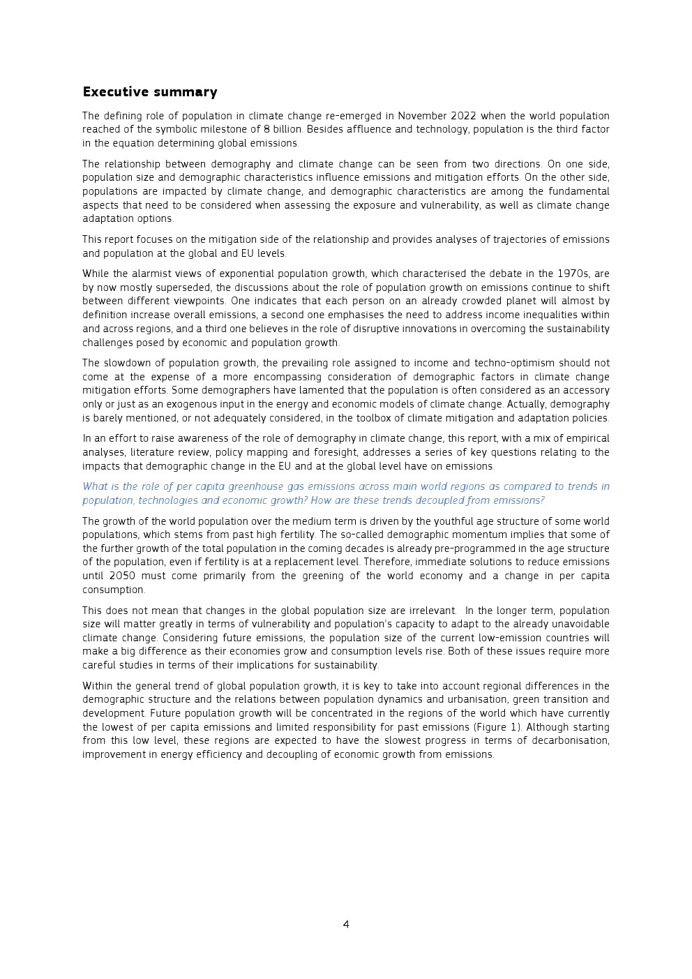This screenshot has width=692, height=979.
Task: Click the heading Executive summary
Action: coord(150,92)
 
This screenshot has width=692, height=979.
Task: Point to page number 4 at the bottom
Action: coord(346,925)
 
